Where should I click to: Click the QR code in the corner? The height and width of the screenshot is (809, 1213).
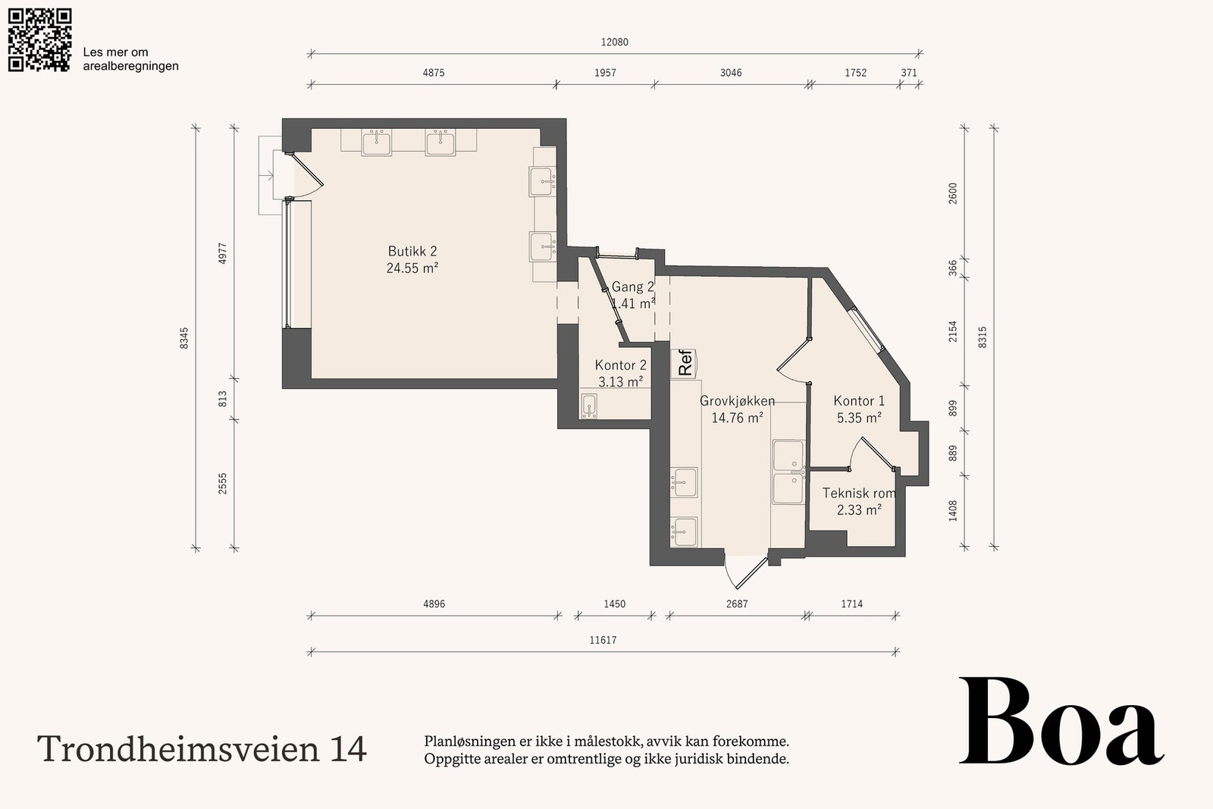pos(39,40)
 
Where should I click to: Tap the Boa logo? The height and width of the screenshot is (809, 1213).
pos(1061,721)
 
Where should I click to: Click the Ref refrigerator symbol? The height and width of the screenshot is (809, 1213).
pos(683,363)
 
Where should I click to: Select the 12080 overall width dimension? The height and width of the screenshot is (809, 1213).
pos(615,42)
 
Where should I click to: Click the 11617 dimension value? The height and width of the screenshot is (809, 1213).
pos(603,640)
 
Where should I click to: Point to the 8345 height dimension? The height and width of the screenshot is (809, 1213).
pos(184,338)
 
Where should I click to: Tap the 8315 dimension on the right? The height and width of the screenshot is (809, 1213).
pos(983,337)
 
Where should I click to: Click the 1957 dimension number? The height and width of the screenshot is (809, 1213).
pos(605,73)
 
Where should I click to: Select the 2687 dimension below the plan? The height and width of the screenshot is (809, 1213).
pos(737,604)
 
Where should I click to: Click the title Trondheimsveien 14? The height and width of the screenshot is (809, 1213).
pos(202,749)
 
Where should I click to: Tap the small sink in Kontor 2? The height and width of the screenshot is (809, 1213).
pos(589,406)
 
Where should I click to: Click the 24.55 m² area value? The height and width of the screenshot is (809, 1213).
pos(412,268)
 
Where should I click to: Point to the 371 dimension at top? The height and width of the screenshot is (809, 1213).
pos(909,73)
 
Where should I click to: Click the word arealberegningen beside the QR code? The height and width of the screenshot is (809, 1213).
pos(130,67)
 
